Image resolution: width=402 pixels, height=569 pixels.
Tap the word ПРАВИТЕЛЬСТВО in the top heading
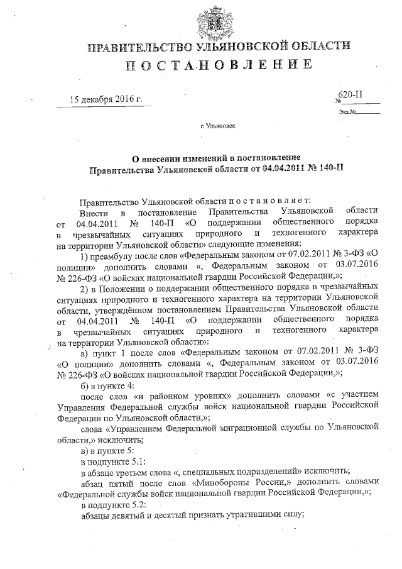pos(139,47)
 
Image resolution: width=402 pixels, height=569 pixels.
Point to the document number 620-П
pos(350,95)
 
